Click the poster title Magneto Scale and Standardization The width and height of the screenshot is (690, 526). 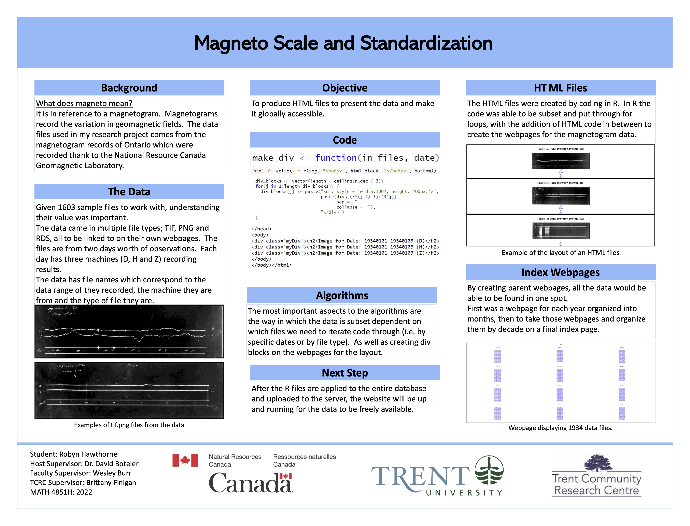click(x=343, y=43)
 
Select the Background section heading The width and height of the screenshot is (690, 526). click(x=129, y=88)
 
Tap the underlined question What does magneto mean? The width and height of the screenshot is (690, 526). click(x=84, y=103)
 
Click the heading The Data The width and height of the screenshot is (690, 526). click(x=129, y=192)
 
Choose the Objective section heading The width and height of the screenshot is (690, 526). click(x=345, y=88)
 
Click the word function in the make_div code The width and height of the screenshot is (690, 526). click(x=336, y=158)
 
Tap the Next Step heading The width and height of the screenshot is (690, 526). click(x=345, y=373)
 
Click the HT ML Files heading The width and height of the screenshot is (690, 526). click(x=560, y=88)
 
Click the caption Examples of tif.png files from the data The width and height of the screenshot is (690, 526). click(x=129, y=425)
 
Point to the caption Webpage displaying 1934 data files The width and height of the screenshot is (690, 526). click(x=560, y=428)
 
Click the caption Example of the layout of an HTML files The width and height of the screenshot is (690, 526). click(x=560, y=253)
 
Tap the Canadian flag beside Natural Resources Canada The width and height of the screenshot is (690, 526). click(x=185, y=460)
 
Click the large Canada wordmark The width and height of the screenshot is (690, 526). click(x=250, y=483)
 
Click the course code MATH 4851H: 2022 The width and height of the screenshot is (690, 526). click(x=61, y=492)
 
